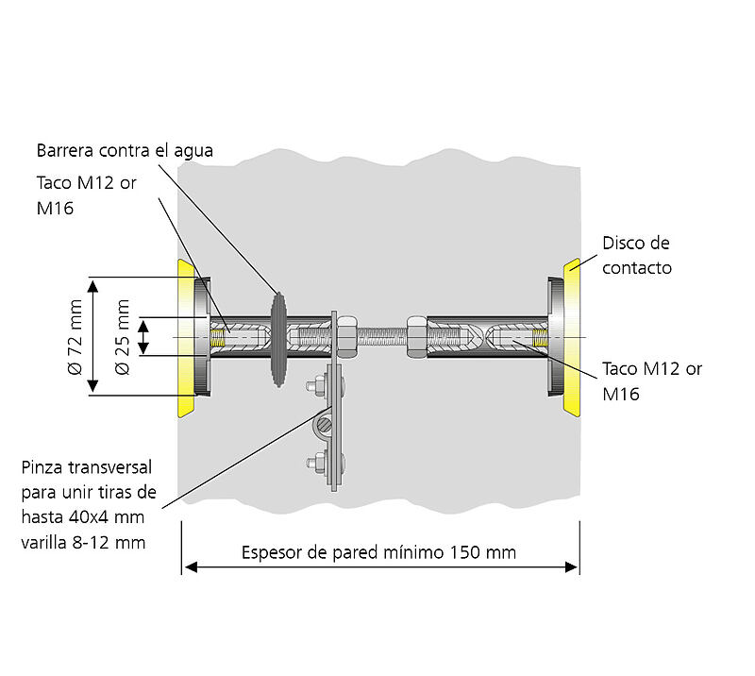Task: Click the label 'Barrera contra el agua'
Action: [125, 150]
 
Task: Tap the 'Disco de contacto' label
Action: [637, 255]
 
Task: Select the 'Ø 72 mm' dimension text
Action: [75, 336]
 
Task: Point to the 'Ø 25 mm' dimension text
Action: [122, 336]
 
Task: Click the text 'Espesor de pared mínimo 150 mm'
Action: [378, 552]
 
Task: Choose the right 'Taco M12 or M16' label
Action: [652, 380]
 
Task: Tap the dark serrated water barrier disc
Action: [278, 337]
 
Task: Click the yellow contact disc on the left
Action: [186, 337]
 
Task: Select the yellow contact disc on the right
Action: [573, 337]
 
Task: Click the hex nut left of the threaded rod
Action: [345, 336]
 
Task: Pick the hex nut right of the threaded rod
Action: [415, 336]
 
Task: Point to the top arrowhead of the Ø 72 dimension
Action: [92, 284]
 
